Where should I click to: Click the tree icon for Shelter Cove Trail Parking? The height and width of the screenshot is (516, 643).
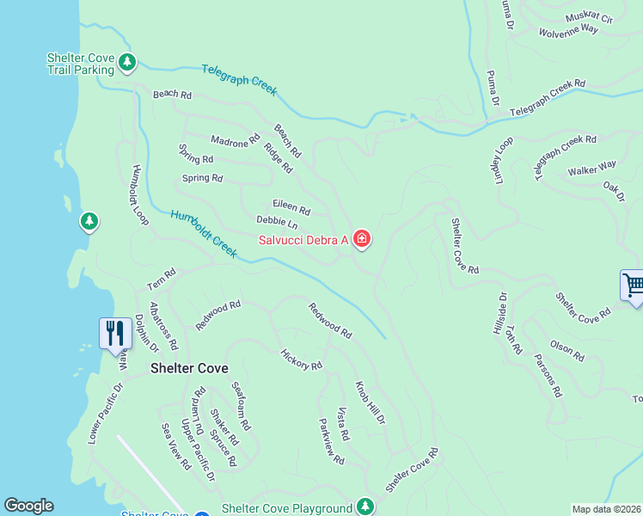(x=127, y=62)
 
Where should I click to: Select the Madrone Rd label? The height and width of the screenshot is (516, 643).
(x=235, y=139)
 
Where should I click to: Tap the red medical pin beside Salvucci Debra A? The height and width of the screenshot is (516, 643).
(x=362, y=239)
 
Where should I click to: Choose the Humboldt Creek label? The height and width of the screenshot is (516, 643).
(x=203, y=233)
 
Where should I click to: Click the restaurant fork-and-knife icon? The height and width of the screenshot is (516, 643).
(x=115, y=332)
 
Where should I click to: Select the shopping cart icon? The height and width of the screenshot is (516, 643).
(x=633, y=285)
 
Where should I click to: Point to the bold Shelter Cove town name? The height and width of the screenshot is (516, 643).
(x=189, y=368)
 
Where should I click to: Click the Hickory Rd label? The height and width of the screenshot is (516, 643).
(x=301, y=359)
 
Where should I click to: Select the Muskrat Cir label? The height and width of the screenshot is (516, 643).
(x=588, y=17)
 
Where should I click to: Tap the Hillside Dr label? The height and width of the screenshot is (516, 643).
(x=503, y=314)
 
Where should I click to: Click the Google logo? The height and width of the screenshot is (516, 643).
(x=28, y=506)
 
